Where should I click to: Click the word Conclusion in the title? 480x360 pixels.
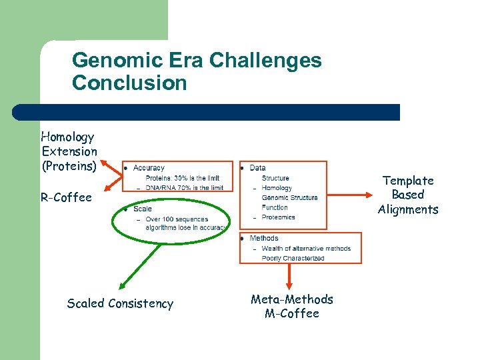tap(129, 83)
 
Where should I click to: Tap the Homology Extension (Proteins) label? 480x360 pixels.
tap(69, 151)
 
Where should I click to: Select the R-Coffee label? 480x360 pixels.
tap(66, 197)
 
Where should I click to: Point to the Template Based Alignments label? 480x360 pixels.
tap(408, 195)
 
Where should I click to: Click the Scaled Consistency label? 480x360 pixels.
tap(120, 303)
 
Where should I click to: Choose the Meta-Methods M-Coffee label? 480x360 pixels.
tap(292, 307)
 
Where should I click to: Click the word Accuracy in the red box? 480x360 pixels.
tap(149, 168)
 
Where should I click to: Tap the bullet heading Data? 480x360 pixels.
tap(257, 168)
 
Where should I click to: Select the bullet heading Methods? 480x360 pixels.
tap(264, 238)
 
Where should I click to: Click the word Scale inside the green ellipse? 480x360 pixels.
tap(142, 209)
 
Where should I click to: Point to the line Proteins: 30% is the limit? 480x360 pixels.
tap(182, 178)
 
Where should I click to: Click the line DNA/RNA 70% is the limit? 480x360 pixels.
tap(184, 188)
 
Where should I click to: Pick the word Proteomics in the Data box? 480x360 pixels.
tap(278, 217)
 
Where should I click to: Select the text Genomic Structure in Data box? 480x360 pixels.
tap(289, 197)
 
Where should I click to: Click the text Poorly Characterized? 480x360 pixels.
tap(293, 258)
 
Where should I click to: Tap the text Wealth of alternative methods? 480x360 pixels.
tap(306, 249)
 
